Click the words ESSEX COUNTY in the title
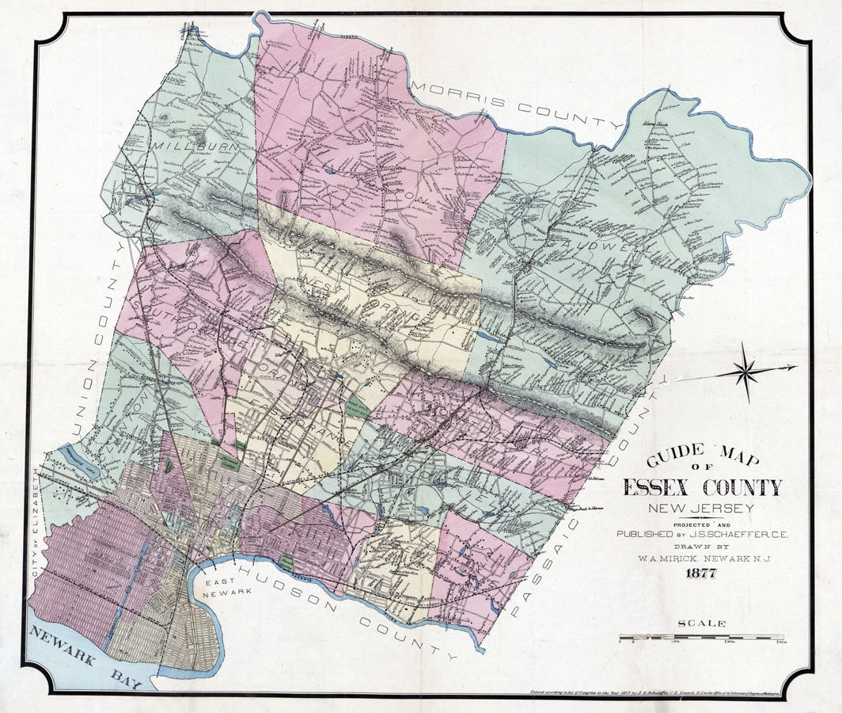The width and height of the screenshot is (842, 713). coord(702,487)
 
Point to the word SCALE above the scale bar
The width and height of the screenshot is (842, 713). coord(701,623)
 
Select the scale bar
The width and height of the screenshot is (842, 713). coord(701,637)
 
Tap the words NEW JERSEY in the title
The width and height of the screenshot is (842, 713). coord(701,509)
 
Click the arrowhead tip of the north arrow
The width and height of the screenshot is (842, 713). coord(795,367)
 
